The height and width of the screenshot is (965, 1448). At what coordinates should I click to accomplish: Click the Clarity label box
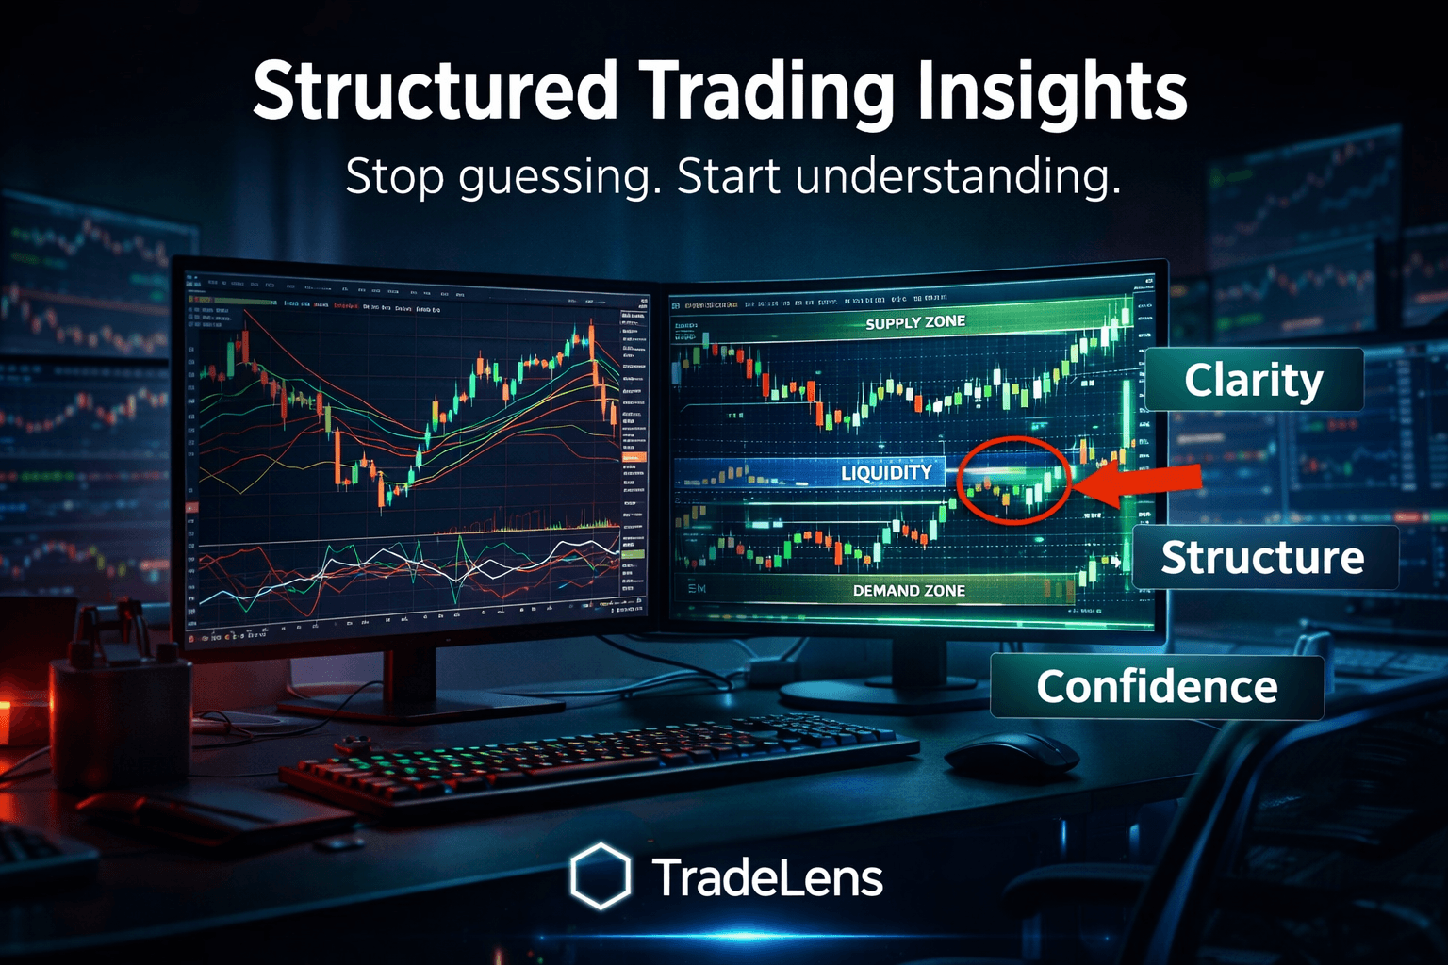[x=1254, y=380]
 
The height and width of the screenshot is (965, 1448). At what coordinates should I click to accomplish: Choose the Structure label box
[x=1263, y=558]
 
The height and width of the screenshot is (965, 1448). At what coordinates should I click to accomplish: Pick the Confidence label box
[x=1157, y=687]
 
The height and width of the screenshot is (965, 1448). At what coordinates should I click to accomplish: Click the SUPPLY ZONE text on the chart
[x=915, y=322]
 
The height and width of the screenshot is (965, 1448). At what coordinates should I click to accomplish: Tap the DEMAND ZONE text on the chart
[x=909, y=591]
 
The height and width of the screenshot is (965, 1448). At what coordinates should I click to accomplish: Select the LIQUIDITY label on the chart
[x=886, y=472]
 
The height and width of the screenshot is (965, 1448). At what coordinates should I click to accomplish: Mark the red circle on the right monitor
[x=1014, y=479]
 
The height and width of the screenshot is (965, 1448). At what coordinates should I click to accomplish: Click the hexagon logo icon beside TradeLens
[x=600, y=876]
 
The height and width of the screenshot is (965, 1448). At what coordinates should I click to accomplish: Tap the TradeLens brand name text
[x=767, y=878]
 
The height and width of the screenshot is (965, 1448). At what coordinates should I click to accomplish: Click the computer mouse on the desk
[x=1011, y=754]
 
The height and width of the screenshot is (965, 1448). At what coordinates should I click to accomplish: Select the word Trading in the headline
[x=765, y=92]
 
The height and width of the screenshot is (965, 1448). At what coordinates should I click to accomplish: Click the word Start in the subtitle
[x=729, y=177]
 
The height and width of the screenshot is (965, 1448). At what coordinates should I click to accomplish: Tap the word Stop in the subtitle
[x=394, y=177]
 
